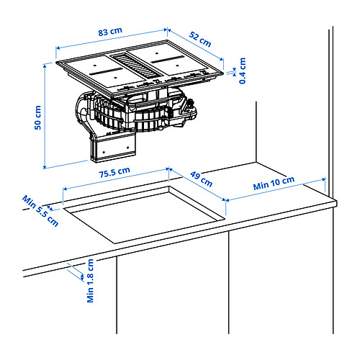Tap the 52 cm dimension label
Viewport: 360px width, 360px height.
click(x=202, y=40)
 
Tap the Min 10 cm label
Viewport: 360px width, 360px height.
click(x=274, y=184)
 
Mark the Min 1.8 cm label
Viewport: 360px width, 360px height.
click(x=91, y=280)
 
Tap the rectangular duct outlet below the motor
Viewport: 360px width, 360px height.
click(x=114, y=147)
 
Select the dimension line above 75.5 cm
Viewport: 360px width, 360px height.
click(x=115, y=181)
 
